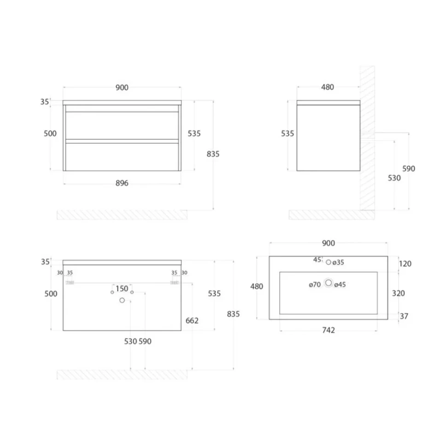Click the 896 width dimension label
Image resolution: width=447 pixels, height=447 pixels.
pos(122,183)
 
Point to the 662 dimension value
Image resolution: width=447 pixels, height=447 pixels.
pos(192,321)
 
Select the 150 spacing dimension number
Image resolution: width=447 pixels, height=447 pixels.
pos(122,288)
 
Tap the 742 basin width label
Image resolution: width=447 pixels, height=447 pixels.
pos(329,330)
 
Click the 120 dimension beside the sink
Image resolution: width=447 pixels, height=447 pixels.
pos(405,264)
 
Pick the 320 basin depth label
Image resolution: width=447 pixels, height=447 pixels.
pos(398,294)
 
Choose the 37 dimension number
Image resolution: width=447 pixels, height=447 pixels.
pos(404,316)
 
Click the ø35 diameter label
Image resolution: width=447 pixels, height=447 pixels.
pos(338,262)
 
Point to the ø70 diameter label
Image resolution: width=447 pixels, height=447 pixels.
pos(315,284)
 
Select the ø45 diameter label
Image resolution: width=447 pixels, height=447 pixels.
pos(340,284)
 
